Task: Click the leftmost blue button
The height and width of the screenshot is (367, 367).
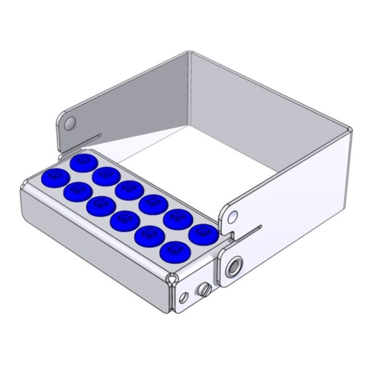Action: [52, 177]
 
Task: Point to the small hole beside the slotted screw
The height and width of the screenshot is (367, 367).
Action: [182, 298]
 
